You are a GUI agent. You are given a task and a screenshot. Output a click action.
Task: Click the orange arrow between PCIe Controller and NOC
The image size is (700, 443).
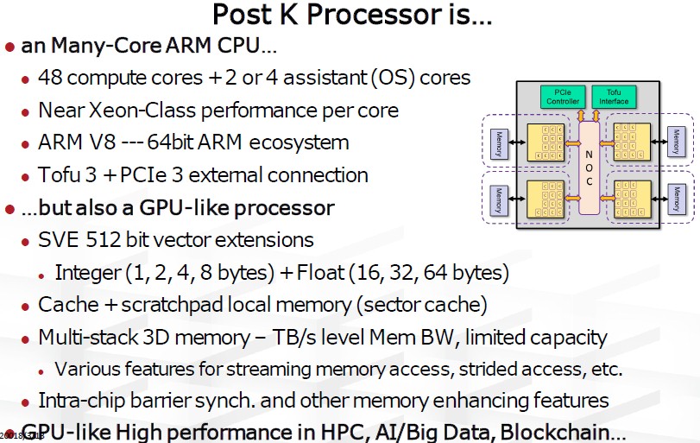(x=581, y=115)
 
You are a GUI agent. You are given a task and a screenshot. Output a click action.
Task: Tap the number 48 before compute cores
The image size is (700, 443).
(x=49, y=78)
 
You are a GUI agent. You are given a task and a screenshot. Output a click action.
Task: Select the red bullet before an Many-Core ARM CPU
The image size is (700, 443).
(x=9, y=46)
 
